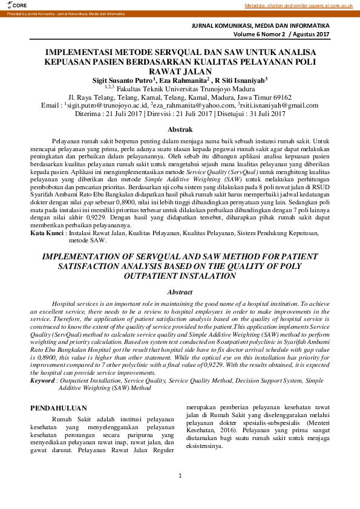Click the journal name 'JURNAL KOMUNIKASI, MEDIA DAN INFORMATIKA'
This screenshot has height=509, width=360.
[x=261, y=27]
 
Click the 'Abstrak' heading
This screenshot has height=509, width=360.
[x=180, y=129]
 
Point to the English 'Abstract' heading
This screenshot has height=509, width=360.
[x=180, y=292]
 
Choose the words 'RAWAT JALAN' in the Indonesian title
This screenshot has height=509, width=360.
[x=180, y=70]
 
